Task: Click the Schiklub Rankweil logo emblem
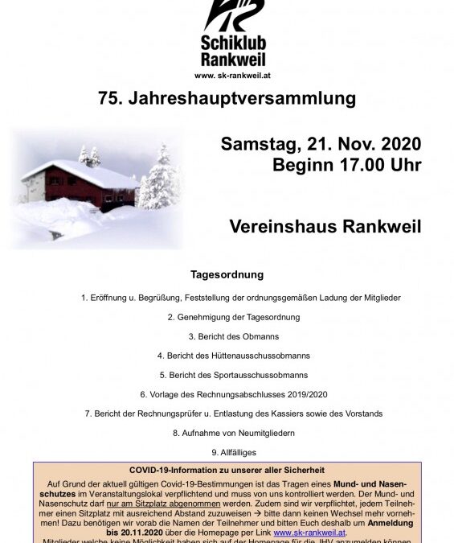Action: pyautogui.click(x=231, y=17)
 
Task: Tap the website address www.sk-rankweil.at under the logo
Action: pyautogui.click(x=232, y=76)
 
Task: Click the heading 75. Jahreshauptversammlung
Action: pyautogui.click(x=227, y=99)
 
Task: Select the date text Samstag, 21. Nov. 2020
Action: pyautogui.click(x=321, y=145)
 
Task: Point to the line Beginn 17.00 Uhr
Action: pyautogui.click(x=347, y=166)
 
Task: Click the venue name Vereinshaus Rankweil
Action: pyautogui.click(x=325, y=226)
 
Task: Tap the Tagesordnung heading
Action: pyautogui.click(x=227, y=274)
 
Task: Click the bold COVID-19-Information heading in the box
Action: pyautogui.click(x=227, y=470)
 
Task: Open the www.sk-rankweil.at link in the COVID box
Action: pyautogui.click(x=310, y=533)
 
